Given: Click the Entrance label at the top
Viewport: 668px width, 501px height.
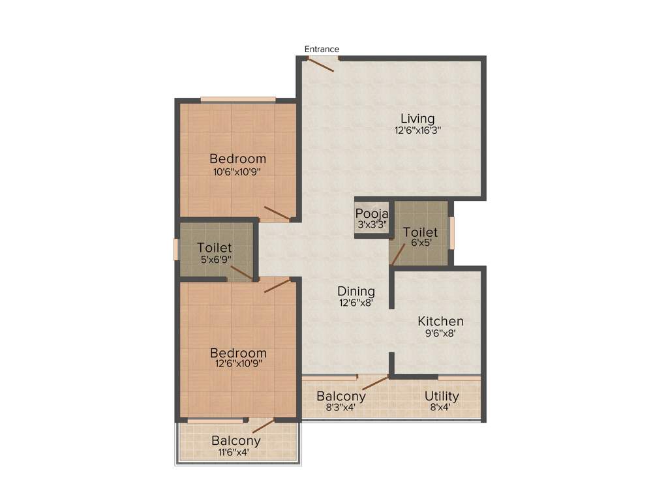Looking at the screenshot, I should (322, 49).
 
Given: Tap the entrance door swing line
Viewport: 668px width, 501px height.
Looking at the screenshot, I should (321, 65).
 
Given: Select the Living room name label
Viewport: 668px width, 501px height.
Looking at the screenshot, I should (417, 118).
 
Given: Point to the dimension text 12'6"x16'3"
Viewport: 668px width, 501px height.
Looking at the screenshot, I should (417, 130).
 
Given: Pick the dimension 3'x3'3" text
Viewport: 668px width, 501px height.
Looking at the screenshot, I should (372, 224).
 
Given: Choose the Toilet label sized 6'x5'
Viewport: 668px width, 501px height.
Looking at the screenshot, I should (420, 232).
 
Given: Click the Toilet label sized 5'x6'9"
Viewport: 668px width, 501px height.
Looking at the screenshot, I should (215, 248).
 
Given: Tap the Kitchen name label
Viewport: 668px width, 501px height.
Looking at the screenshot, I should (440, 321).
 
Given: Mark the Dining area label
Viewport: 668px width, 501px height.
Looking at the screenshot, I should (356, 291).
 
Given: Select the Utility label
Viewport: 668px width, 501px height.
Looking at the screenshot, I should (442, 396).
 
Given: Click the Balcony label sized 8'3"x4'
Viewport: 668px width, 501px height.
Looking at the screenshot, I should (341, 396).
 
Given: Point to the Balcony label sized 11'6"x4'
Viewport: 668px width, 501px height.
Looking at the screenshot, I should (235, 440).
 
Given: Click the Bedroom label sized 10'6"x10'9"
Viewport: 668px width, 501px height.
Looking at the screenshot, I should (237, 159).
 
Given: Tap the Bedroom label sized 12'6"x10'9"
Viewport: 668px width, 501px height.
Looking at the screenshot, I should (237, 353).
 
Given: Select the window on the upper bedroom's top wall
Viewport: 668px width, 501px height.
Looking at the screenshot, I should (237, 99).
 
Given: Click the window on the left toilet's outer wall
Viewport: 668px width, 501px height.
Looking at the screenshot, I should (176, 249).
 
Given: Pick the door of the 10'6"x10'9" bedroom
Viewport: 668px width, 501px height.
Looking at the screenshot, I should (277, 213).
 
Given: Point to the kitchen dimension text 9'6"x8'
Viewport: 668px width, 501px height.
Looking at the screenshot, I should (440, 333).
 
